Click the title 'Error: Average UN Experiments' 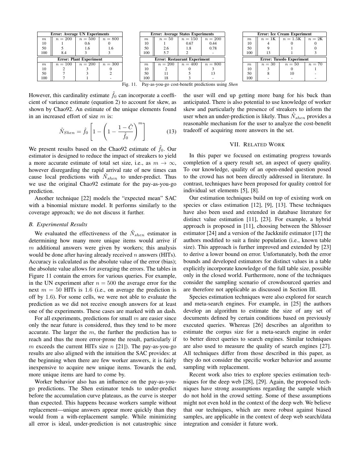[80, 34]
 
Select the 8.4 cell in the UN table [64, 53]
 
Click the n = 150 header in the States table [189, 39]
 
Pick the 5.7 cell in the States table [166, 53]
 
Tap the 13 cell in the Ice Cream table [268, 53]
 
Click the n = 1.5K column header [292, 39]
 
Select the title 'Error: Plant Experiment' [80, 59]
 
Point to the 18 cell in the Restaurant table [166, 78]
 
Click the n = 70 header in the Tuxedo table [315, 64]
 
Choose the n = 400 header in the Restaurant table [189, 64]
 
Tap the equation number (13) [171, 131]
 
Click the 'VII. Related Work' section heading [257, 144]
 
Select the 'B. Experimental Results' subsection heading [58, 224]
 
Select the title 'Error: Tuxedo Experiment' [284, 59]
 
